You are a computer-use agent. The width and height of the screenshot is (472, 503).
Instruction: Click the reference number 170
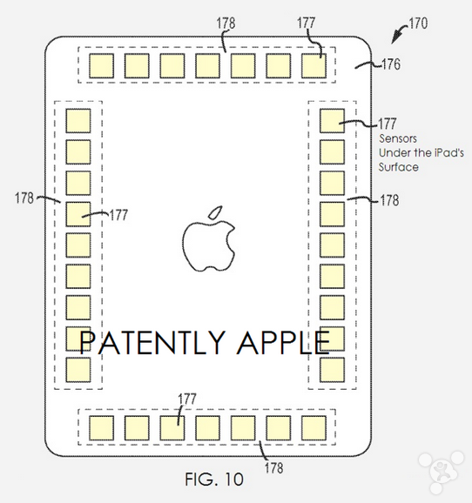(418, 23)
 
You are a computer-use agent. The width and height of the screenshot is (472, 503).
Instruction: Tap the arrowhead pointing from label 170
(394, 38)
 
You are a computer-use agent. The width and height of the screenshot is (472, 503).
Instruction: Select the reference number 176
(391, 64)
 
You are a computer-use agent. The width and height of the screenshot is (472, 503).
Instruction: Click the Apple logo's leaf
(215, 212)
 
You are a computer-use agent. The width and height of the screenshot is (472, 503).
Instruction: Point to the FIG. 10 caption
(214, 480)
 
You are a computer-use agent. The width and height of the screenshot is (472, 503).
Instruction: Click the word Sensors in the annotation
(398, 138)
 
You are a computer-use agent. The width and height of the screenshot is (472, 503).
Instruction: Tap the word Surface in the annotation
(399, 167)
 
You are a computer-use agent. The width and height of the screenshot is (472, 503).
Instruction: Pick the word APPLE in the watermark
(283, 342)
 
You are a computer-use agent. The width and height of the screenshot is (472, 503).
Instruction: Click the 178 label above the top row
(226, 23)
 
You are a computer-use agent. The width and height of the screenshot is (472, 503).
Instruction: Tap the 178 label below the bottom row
(274, 467)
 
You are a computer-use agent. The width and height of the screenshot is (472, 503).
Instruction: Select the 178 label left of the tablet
(24, 198)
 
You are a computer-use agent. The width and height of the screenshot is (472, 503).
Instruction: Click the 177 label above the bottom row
(187, 399)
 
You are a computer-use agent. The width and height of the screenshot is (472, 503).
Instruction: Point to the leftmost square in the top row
(102, 66)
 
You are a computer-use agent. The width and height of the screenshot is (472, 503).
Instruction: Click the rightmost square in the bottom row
(314, 428)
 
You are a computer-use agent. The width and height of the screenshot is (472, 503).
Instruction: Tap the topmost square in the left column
(78, 121)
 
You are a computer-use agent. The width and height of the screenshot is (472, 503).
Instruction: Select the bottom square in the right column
(333, 370)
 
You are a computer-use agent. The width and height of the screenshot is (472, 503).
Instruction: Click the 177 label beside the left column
(118, 215)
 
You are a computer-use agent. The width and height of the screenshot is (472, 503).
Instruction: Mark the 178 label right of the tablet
(389, 200)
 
